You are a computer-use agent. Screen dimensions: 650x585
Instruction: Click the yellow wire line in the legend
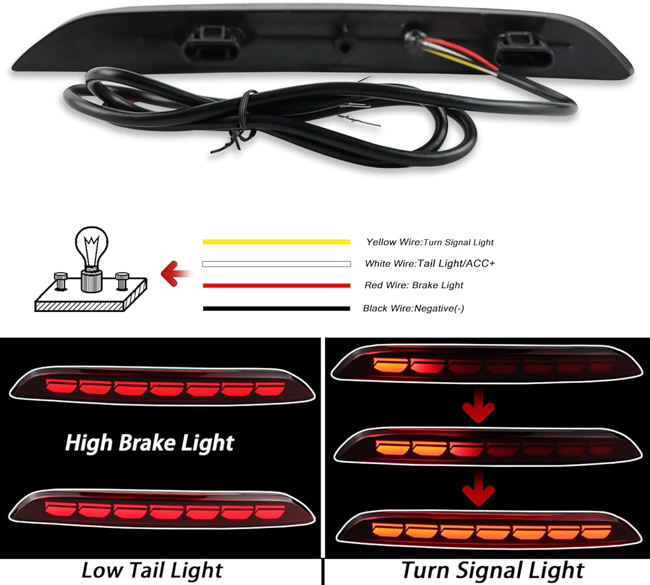point(276,242)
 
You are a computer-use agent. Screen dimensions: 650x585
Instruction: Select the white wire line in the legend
point(276,264)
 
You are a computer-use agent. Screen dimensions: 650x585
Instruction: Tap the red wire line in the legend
point(276,285)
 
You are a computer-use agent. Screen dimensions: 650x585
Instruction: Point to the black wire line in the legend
point(276,308)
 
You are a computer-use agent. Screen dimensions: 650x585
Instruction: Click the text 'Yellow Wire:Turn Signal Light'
point(430,242)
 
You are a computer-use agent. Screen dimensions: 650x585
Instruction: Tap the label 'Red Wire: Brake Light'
point(414,285)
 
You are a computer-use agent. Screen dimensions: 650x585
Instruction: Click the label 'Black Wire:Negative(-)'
point(413,308)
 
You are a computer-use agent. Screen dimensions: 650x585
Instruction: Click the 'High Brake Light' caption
point(149,443)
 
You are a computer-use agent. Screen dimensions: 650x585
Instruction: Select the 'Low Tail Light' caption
point(151,571)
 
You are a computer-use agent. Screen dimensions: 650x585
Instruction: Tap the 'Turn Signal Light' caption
point(492,571)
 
